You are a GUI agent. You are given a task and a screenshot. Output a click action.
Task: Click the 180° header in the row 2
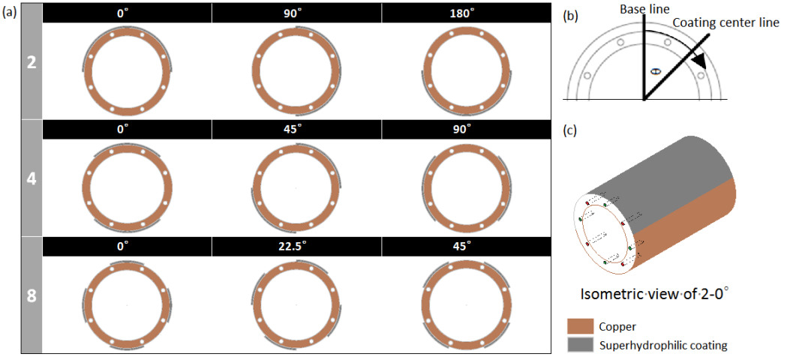coord(464,12)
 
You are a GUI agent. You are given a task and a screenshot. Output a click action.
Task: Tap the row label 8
coord(31,296)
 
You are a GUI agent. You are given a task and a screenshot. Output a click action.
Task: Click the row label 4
coord(31,178)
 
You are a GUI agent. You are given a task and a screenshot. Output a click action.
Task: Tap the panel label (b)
coord(572,15)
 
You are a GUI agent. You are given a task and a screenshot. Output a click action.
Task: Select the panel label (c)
coord(571,131)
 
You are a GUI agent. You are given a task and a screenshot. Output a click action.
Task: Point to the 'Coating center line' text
coord(725,22)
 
